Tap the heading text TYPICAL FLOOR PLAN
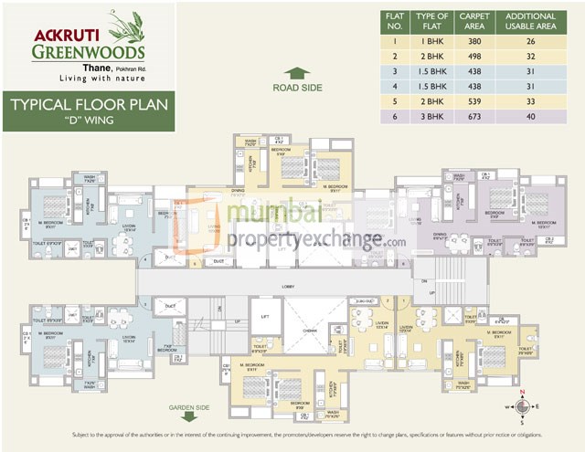click(89, 104)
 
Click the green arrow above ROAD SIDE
click(297, 72)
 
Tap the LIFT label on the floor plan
click(266, 316)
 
